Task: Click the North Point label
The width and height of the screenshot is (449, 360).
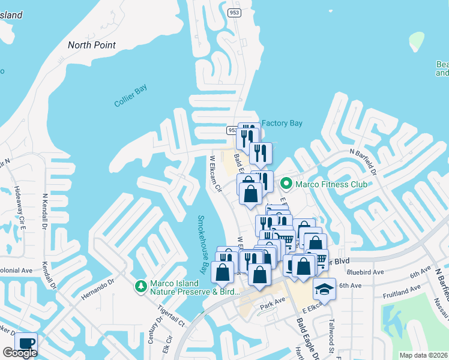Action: click(92, 45)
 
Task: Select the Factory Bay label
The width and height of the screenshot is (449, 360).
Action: click(282, 124)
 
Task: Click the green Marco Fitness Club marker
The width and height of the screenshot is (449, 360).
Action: click(286, 184)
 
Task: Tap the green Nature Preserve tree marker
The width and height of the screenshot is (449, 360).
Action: click(141, 287)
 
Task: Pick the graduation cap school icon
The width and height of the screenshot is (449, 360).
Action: click(324, 289)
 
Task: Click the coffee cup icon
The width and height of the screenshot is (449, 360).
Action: click(26, 344)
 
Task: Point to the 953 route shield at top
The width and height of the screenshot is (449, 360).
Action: click(235, 12)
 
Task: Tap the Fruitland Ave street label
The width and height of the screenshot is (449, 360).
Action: click(403, 291)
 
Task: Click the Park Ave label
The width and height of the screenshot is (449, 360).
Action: click(271, 305)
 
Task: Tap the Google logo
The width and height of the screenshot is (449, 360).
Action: click(20, 353)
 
